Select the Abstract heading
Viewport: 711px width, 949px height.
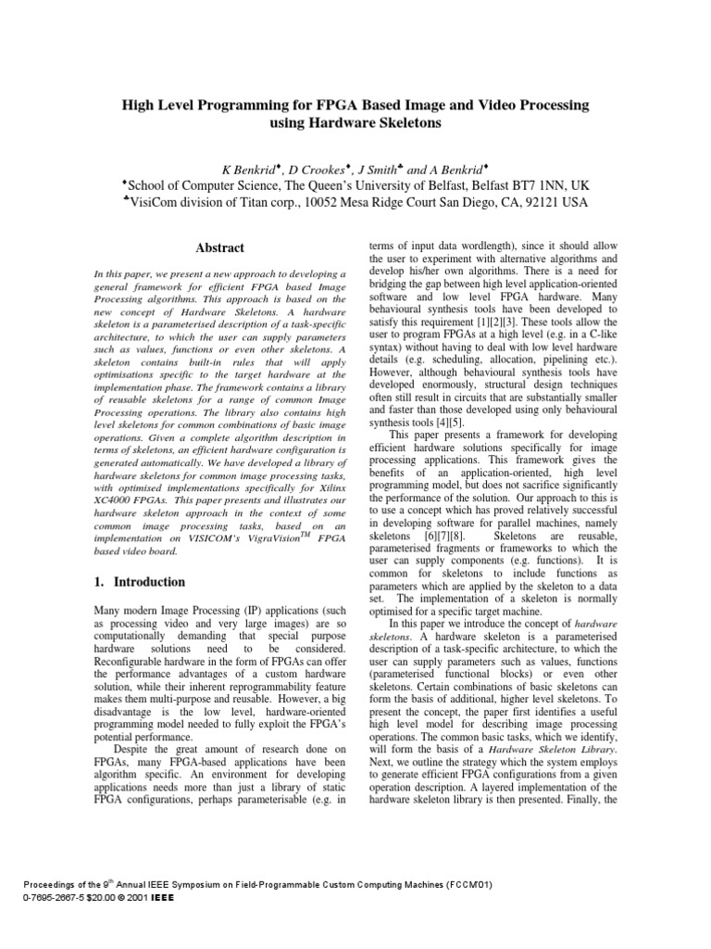219,248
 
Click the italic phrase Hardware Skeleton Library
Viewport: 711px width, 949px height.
541,747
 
